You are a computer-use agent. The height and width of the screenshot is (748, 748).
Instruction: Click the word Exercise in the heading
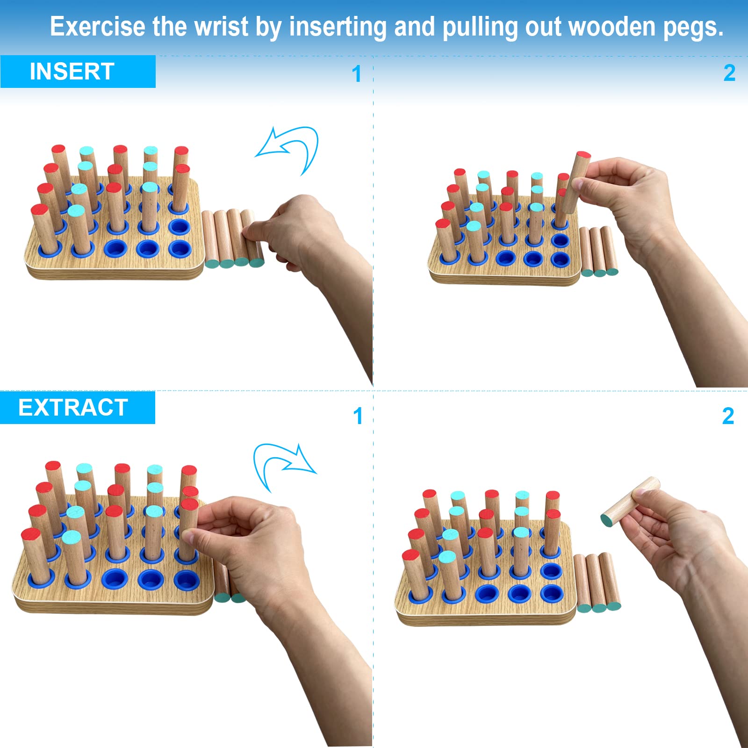[97, 27]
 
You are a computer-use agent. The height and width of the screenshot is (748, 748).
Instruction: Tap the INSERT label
[72, 72]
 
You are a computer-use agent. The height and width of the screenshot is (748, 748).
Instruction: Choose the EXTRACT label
[73, 408]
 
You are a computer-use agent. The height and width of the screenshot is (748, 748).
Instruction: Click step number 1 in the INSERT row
[357, 74]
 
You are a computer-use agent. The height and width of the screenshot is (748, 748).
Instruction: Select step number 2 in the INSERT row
[729, 73]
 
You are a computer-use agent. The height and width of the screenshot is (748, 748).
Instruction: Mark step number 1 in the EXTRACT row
[358, 416]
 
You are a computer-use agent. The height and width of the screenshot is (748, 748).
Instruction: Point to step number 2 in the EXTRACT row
[728, 416]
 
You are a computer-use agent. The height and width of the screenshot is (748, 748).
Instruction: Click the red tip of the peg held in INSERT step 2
[583, 155]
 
